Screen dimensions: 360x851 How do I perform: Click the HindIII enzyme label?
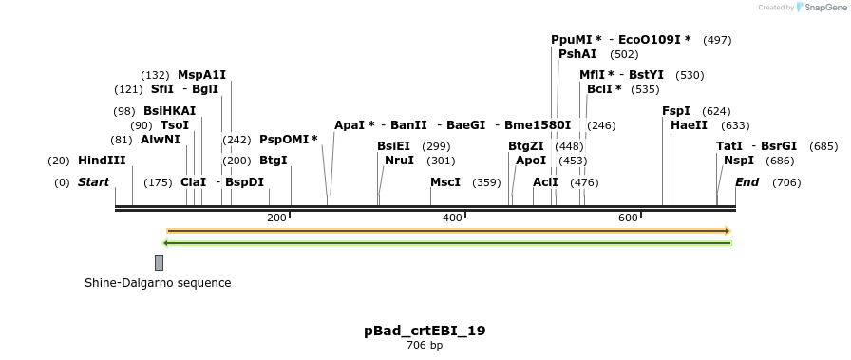pyautogui.click(x=102, y=161)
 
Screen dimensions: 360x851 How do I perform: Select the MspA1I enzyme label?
pyautogui.click(x=201, y=75)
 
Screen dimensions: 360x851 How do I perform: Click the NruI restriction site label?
pyautogui.click(x=399, y=161)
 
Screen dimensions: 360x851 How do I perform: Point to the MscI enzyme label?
pyautogui.click(x=444, y=182)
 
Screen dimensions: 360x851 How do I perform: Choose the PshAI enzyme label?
pyautogui.click(x=577, y=54)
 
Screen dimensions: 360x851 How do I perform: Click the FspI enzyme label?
pyautogui.click(x=676, y=111)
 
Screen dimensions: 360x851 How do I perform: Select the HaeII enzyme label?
pyautogui.click(x=689, y=125)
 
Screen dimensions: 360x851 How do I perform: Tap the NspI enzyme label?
pyautogui.click(x=738, y=161)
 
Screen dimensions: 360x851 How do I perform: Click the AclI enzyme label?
pyautogui.click(x=545, y=182)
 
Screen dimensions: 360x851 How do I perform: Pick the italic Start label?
pyautogui.click(x=93, y=182)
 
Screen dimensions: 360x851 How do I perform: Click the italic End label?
pyautogui.click(x=747, y=182)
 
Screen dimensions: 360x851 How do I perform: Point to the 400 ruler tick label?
pyautogui.click(x=452, y=218)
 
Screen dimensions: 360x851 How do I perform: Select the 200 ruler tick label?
pyautogui.click(x=276, y=218)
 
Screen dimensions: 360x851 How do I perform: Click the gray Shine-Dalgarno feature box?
pyautogui.click(x=159, y=262)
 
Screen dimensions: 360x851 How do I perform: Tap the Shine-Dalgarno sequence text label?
pyautogui.click(x=158, y=283)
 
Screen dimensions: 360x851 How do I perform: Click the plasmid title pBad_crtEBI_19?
pyautogui.click(x=425, y=331)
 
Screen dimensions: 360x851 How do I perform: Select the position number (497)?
pyautogui.click(x=717, y=40)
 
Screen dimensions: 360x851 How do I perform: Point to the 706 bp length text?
pyautogui.click(x=425, y=345)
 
